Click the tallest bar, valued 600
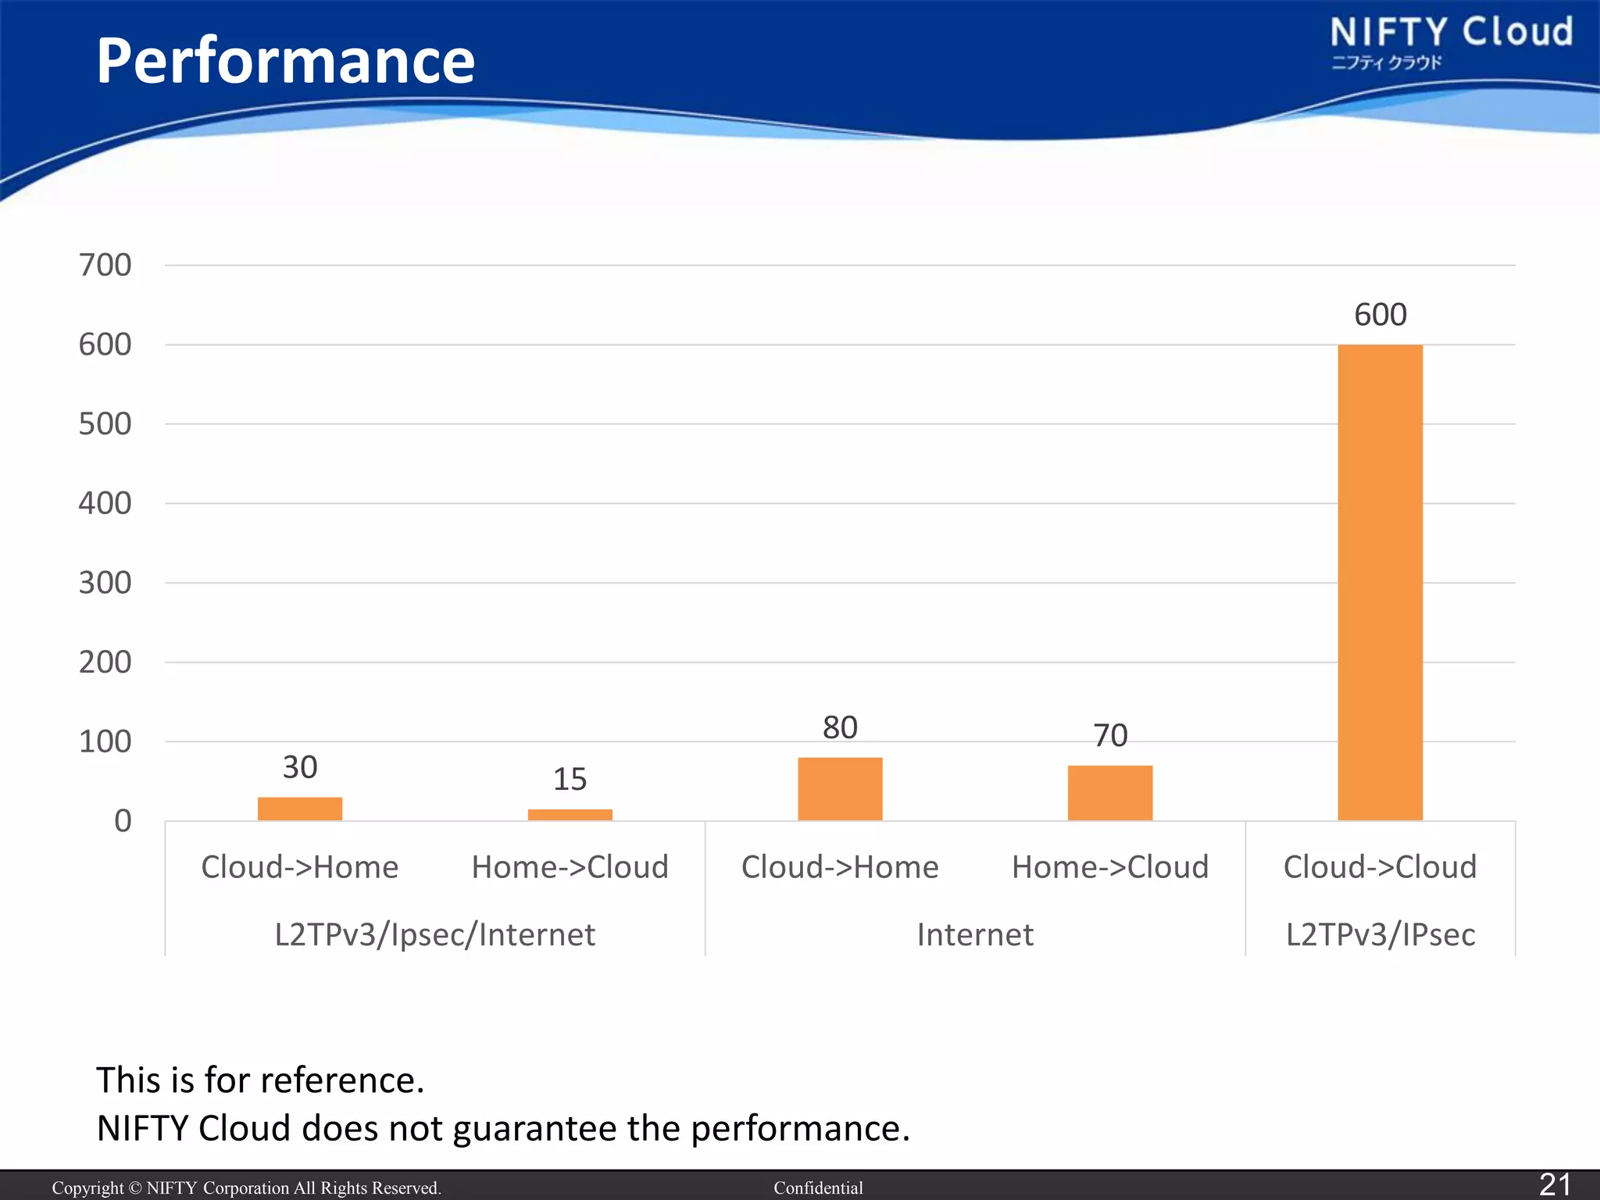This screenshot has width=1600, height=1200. click(x=1380, y=582)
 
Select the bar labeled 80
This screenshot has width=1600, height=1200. click(x=840, y=788)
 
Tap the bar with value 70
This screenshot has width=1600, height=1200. click(x=1109, y=792)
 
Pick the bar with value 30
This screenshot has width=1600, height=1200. click(x=300, y=809)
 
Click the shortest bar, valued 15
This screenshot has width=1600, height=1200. click(x=570, y=815)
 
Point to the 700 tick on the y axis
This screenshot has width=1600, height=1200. click(x=105, y=266)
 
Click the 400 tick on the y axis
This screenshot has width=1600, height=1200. click(x=105, y=504)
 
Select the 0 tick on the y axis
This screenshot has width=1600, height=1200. click(x=123, y=821)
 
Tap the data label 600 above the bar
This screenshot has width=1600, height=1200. click(x=1380, y=315)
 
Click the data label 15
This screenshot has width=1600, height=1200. click(x=570, y=779)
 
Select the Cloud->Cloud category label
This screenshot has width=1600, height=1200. click(x=1380, y=867)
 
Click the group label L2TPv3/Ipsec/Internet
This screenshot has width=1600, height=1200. click(x=434, y=934)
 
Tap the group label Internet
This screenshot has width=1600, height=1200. click(x=974, y=934)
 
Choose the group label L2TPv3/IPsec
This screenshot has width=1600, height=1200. click(x=1380, y=934)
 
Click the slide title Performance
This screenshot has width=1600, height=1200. click(x=285, y=61)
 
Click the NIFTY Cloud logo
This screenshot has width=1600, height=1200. click(x=1450, y=41)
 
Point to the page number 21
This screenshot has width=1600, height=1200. click(x=1554, y=1184)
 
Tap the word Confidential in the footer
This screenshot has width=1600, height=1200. click(x=818, y=1187)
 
